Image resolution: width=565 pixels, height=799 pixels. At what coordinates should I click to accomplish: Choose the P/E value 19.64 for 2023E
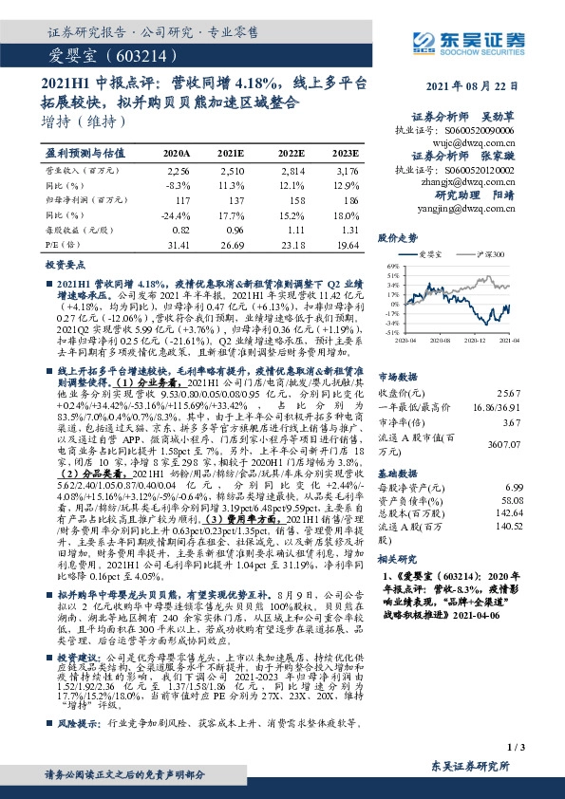(x=347, y=245)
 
